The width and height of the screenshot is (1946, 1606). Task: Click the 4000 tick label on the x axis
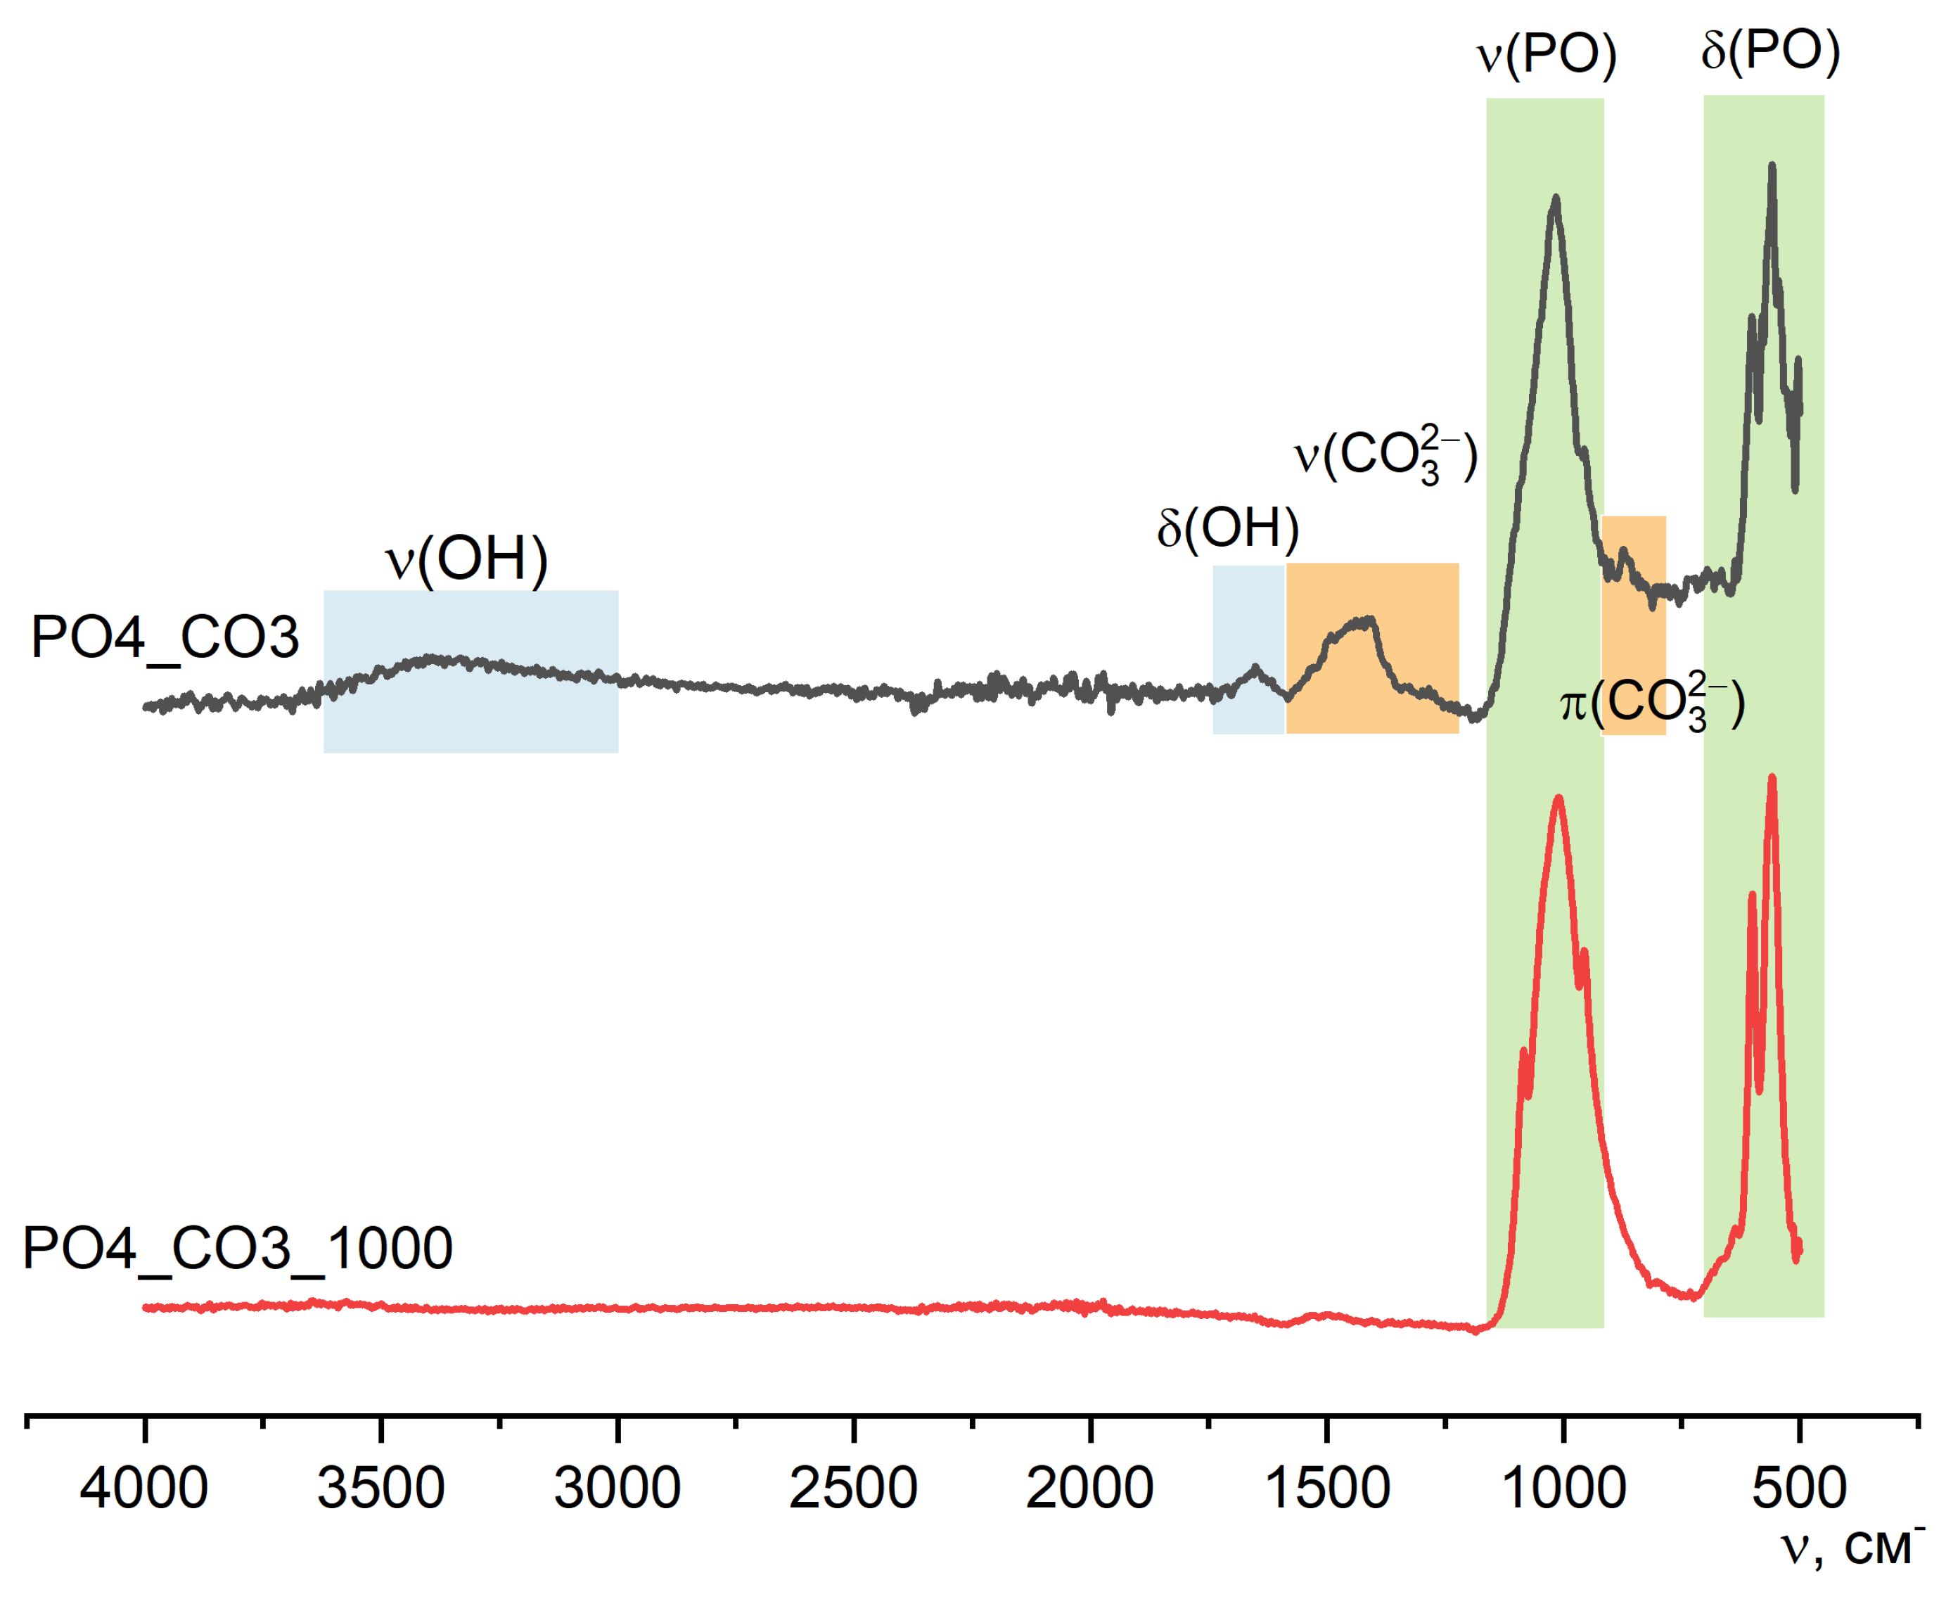click(x=143, y=1489)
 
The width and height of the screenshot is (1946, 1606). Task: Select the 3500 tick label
click(x=380, y=1489)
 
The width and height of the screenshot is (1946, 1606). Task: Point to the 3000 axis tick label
click(x=617, y=1489)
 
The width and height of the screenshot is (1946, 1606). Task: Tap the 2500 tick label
click(x=853, y=1489)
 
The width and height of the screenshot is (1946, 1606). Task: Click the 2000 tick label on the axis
click(x=1089, y=1489)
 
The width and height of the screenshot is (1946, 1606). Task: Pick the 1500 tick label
click(x=1326, y=1489)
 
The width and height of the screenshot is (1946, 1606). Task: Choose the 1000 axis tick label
click(x=1563, y=1489)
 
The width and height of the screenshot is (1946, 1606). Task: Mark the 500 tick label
click(x=1799, y=1489)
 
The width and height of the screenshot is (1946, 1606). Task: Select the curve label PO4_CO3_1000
click(x=237, y=1248)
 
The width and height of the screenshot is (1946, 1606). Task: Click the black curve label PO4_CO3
click(x=165, y=637)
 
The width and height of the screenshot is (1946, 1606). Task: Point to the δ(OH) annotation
click(x=1227, y=528)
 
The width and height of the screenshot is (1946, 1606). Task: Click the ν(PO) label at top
click(x=1546, y=53)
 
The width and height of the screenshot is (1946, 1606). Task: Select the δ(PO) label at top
click(x=1770, y=51)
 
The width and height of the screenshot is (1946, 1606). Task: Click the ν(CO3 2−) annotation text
click(x=1385, y=455)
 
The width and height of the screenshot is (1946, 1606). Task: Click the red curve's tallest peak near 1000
click(x=1558, y=798)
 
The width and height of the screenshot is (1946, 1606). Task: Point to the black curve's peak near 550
click(x=1771, y=167)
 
